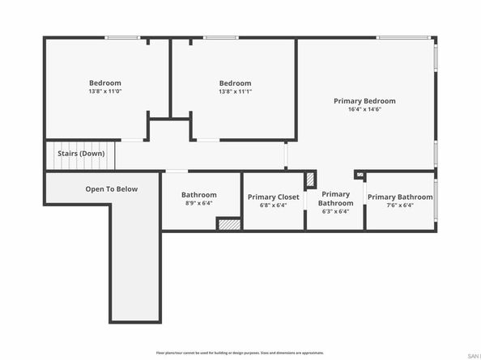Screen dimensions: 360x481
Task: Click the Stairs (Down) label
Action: click(x=80, y=153)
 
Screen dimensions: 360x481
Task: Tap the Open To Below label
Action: click(x=112, y=189)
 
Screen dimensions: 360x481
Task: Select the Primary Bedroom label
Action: click(x=364, y=101)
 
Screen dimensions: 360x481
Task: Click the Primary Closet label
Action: click(x=273, y=197)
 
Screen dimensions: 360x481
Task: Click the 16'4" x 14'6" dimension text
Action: click(x=364, y=109)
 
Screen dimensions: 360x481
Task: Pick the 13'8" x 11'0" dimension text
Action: click(x=105, y=91)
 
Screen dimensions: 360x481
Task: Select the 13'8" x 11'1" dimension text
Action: click(x=235, y=91)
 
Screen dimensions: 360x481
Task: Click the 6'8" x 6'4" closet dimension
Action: click(x=273, y=205)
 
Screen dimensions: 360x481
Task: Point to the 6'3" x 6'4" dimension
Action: click(x=335, y=212)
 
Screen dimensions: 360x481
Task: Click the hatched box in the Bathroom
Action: click(x=229, y=224)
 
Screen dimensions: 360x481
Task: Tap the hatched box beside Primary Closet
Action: click(x=309, y=180)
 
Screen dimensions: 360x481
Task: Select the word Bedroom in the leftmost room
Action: click(x=105, y=83)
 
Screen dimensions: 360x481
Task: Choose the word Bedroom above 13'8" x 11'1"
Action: click(x=235, y=83)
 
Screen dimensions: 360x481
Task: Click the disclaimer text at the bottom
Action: click(x=240, y=353)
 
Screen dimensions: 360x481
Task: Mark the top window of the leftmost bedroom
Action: click(x=122, y=37)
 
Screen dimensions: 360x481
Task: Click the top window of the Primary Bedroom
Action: click(x=402, y=37)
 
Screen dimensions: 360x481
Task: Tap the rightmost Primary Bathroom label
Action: click(x=400, y=197)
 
